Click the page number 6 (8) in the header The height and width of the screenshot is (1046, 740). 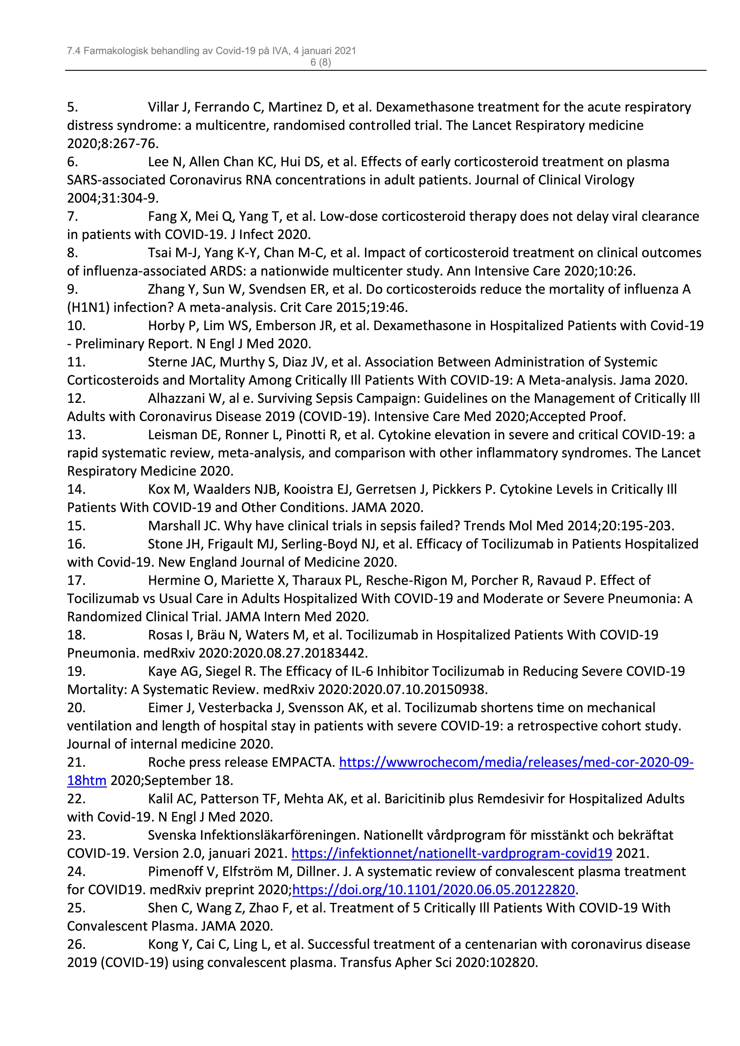320,62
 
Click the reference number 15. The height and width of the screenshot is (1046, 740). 76,526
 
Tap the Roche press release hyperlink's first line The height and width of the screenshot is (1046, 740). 516,763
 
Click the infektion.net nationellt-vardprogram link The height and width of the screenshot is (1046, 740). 451,853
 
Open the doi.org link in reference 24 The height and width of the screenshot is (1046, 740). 433,890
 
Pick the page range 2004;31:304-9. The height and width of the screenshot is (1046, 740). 113,198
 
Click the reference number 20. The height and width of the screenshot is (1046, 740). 76,708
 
